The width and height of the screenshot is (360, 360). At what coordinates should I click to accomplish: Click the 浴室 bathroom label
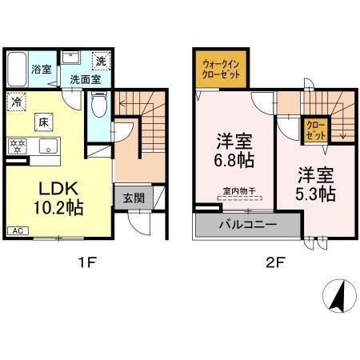[40, 70]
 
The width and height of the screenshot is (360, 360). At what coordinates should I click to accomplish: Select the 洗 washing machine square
[100, 60]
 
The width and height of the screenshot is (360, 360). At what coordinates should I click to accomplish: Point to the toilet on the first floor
[98, 106]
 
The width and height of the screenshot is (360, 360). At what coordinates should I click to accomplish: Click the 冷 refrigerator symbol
[16, 102]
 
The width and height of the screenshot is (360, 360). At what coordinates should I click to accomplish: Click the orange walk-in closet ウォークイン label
[219, 70]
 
